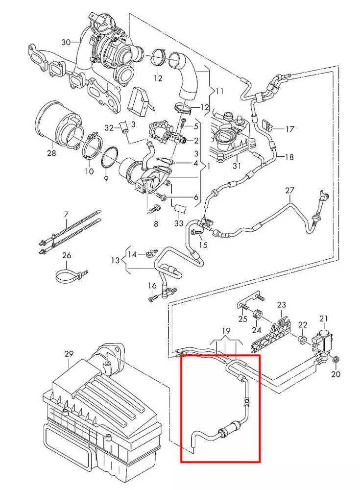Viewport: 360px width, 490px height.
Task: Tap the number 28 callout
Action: (51, 153)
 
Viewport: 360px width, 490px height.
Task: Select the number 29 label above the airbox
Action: (69, 353)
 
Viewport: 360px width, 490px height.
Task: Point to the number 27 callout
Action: (290, 190)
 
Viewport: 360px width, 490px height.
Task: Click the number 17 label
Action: (290, 129)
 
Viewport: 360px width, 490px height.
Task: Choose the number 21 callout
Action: (323, 318)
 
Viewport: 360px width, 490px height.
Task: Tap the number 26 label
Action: (67, 255)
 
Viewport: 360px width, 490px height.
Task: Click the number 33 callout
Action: (179, 223)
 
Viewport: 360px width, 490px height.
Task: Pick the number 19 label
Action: (225, 331)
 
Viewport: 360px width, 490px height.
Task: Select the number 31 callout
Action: (237, 165)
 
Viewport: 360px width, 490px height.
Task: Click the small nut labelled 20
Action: (335, 361)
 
